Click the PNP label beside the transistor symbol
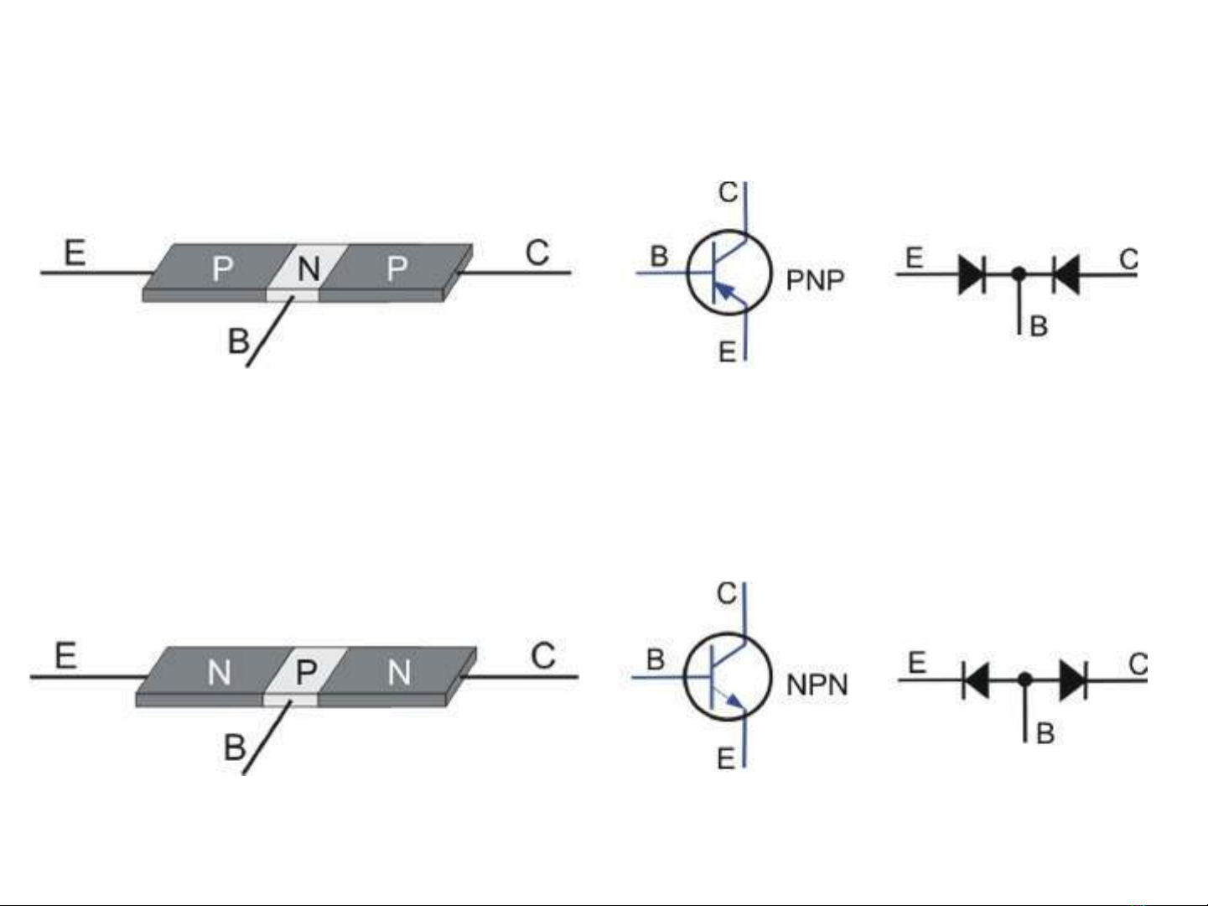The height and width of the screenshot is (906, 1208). [815, 280]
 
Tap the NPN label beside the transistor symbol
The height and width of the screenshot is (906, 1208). [817, 685]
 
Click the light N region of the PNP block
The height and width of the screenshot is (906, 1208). [308, 269]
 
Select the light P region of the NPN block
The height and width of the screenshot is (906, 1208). [306, 672]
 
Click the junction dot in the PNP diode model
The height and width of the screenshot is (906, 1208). [1019, 273]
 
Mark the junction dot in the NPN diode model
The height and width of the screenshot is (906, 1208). [1024, 679]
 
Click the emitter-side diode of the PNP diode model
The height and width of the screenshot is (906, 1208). [972, 273]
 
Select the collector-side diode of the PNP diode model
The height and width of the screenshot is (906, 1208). [1065, 273]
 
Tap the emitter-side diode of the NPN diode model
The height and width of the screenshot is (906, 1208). [975, 679]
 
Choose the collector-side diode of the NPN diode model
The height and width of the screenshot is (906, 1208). [1073, 679]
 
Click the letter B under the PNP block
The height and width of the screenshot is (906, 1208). [238, 341]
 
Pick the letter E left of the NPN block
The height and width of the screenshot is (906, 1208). [65, 655]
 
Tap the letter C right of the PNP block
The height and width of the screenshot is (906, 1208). [537, 253]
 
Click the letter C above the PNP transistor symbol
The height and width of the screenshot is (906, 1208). [728, 192]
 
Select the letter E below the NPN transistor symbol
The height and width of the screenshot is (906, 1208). [726, 759]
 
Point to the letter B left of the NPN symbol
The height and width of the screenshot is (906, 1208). [656, 660]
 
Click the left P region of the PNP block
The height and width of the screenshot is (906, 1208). [222, 268]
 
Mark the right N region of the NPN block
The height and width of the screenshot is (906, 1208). [399, 672]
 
